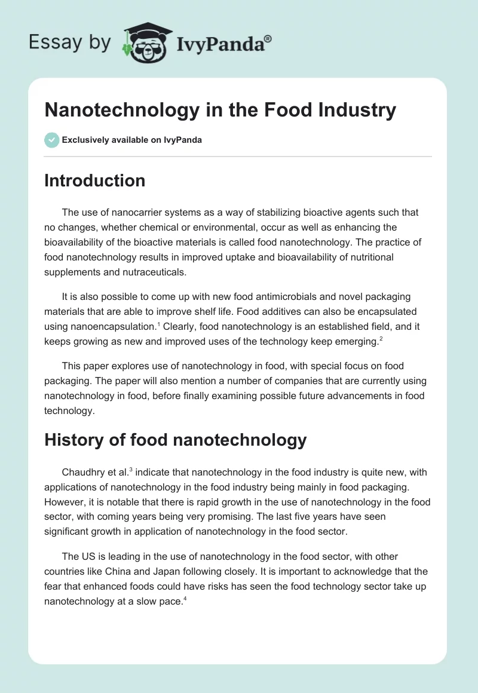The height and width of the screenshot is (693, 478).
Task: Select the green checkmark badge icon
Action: (x=51, y=140)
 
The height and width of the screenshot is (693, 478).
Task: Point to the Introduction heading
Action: (x=94, y=180)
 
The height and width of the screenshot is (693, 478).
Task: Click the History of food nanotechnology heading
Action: (x=175, y=440)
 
